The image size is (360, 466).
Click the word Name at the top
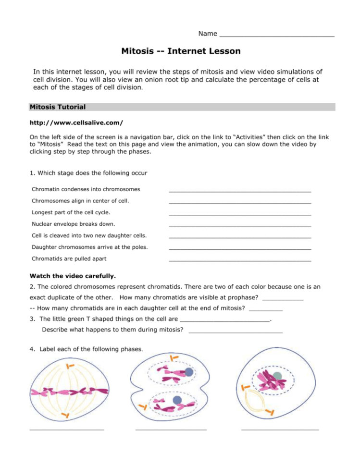pos(208,34)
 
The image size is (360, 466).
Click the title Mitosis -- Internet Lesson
pos(181,51)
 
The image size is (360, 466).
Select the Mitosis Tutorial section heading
pos(58,107)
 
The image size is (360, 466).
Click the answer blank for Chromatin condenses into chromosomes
pos(240,191)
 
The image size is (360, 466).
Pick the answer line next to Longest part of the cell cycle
pos(240,214)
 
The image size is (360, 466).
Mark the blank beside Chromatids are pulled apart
pos(240,260)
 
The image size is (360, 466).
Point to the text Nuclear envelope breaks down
pos(73,224)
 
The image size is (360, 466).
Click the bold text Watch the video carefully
pos(73,276)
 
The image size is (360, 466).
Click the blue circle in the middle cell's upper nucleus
pos(189,372)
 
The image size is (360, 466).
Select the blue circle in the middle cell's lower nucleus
pos(177,400)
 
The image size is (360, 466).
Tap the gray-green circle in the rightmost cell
pos(277,377)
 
